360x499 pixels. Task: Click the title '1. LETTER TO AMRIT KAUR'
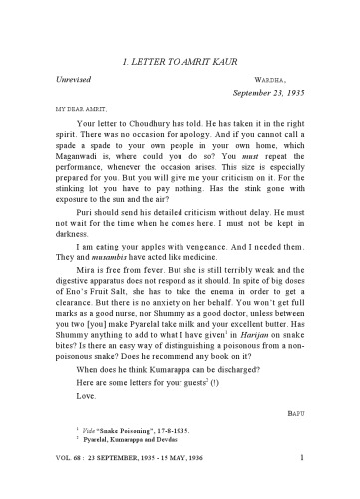pyautogui.click(x=180, y=62)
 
